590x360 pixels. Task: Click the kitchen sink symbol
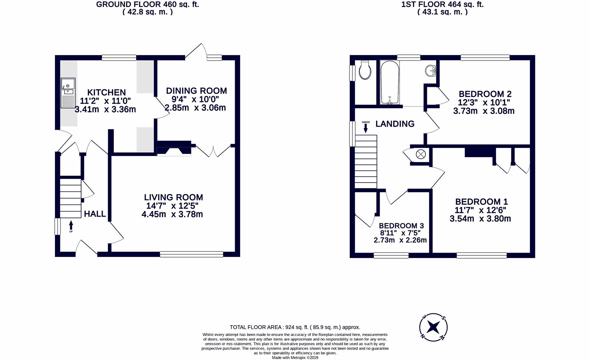tap(68, 93)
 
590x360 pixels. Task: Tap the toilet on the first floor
tap(365, 71)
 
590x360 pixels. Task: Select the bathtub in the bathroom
tap(389, 82)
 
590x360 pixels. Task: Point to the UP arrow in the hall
tap(71, 226)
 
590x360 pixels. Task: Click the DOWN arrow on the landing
tap(366, 127)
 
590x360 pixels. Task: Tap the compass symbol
tap(433, 327)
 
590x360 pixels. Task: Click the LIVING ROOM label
tap(173, 197)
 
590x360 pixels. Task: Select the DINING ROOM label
tap(196, 91)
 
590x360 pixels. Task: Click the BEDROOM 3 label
tap(401, 226)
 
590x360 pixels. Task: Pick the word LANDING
tap(395, 124)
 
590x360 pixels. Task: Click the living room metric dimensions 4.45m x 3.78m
tap(172, 214)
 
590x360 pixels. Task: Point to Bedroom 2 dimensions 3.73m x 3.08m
tap(484, 111)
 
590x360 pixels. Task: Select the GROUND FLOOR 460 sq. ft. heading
tap(147, 5)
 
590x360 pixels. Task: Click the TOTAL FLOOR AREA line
tap(295, 327)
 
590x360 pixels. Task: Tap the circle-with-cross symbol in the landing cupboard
tap(421, 154)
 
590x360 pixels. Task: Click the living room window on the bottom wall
tap(191, 254)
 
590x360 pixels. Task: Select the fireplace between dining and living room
tap(174, 149)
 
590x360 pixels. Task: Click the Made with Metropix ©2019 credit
tap(295, 358)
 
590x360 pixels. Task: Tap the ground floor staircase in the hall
tap(70, 198)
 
